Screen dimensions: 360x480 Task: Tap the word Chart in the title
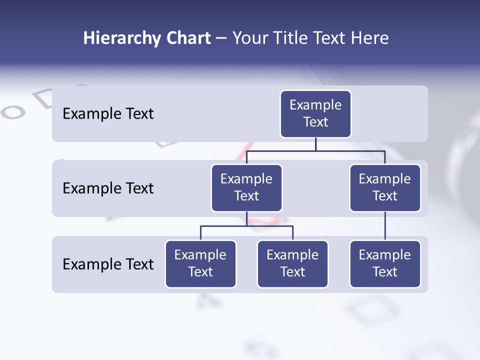tap(185, 38)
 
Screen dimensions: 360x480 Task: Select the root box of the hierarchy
tap(315, 114)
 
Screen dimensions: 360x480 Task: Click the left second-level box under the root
tap(246, 188)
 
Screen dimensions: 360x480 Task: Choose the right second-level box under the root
tap(385, 188)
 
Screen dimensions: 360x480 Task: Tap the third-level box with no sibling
tap(385, 264)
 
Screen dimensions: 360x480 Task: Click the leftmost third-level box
tap(200, 264)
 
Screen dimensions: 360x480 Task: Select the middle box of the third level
tap(292, 264)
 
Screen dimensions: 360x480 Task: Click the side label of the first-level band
tap(108, 114)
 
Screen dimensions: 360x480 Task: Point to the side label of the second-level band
tap(108, 188)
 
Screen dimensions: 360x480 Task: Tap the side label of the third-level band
tap(108, 264)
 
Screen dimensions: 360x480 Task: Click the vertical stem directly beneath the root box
tap(315, 144)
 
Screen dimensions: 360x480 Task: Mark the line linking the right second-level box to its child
tap(385, 226)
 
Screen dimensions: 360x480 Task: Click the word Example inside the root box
tap(315, 105)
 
